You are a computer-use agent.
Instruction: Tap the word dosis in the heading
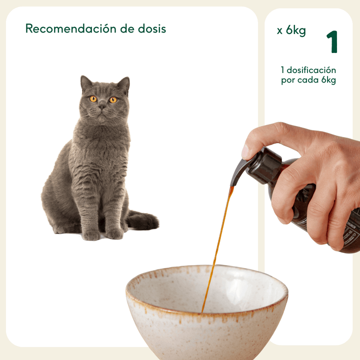151,29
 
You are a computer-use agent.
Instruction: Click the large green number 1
331,43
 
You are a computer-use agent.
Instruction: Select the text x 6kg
291,31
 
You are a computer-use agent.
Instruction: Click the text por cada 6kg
308,80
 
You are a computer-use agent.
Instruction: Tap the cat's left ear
86,83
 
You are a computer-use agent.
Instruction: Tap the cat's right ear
123,84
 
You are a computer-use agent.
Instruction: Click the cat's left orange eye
93,99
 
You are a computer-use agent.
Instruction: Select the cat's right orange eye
113,99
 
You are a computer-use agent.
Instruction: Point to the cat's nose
102,107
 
